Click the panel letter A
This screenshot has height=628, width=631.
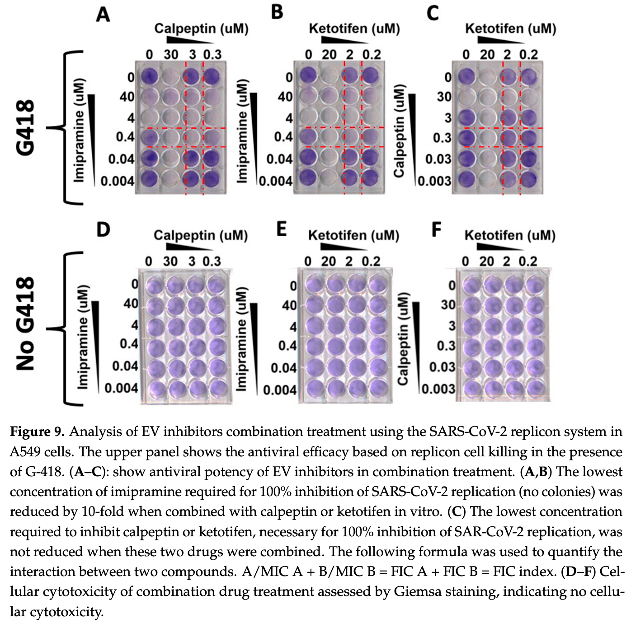point(103,14)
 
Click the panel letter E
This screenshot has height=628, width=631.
point(282,229)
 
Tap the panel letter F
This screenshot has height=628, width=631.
point(436,229)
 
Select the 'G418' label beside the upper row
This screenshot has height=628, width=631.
point(26,127)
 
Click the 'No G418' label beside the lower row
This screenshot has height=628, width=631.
point(26,323)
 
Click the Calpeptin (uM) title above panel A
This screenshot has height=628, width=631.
point(201,29)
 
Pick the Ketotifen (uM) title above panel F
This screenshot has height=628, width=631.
point(510,235)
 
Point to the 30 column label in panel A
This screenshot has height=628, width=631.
point(171,55)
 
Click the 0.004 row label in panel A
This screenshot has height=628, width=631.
point(118,182)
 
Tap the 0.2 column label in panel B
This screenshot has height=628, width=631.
point(372,55)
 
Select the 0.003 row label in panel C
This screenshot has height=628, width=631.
point(434,182)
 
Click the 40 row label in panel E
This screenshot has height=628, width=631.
point(289,305)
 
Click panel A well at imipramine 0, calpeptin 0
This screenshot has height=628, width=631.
point(149,76)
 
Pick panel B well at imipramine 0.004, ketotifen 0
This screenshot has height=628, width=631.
point(308,177)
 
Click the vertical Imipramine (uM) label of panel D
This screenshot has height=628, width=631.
point(82,337)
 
